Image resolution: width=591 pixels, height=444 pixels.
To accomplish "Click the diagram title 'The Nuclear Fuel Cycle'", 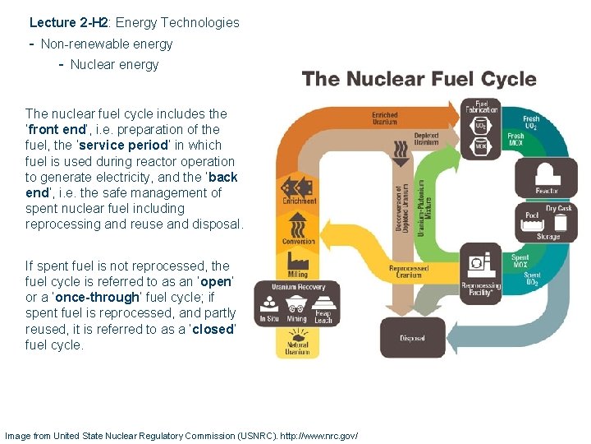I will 419,80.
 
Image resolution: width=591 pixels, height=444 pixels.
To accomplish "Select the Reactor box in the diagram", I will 547,178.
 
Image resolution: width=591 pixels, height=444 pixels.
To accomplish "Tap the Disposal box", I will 412,337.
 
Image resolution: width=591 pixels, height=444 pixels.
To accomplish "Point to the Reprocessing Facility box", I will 481,271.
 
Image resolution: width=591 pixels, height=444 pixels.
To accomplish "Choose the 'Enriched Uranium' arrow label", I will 384,118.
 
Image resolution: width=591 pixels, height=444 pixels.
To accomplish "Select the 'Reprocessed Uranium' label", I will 408,271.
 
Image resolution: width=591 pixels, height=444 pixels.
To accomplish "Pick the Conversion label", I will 298,241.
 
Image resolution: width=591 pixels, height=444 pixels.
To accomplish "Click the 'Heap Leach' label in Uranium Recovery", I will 323,316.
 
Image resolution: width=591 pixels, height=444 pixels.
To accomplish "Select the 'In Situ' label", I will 269,319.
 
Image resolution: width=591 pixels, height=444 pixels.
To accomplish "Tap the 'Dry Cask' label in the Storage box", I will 559,208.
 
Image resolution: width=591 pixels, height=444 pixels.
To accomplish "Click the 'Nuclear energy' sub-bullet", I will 114,64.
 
